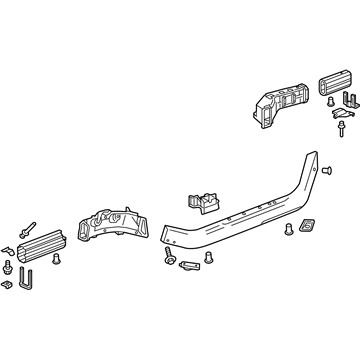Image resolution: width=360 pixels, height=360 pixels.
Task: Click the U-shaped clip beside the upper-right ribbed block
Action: (348, 100)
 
